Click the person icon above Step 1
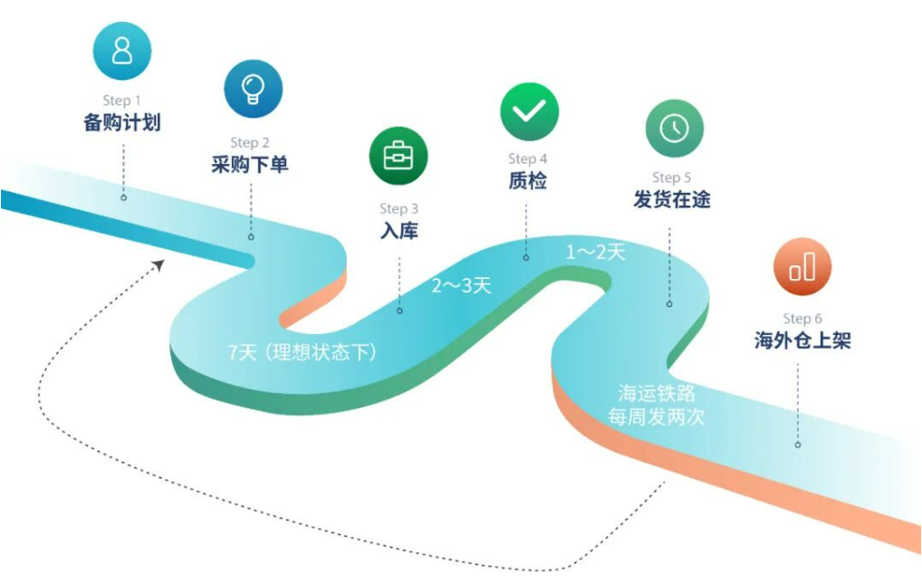click(x=122, y=50)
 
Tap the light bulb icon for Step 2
click(x=253, y=89)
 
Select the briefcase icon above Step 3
click(x=399, y=156)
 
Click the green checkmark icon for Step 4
click(x=529, y=111)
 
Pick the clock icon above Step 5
click(x=674, y=129)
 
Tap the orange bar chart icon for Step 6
click(x=802, y=267)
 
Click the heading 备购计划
click(x=122, y=122)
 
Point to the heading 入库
click(x=399, y=230)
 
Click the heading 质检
click(x=528, y=180)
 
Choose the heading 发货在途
click(x=672, y=199)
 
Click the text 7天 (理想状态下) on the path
click(x=303, y=352)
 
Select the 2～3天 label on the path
click(x=461, y=286)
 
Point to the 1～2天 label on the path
click(x=596, y=253)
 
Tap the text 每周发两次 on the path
click(x=657, y=417)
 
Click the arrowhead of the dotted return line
click(x=158, y=264)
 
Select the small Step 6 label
click(x=802, y=319)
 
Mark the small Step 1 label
click(x=122, y=101)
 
